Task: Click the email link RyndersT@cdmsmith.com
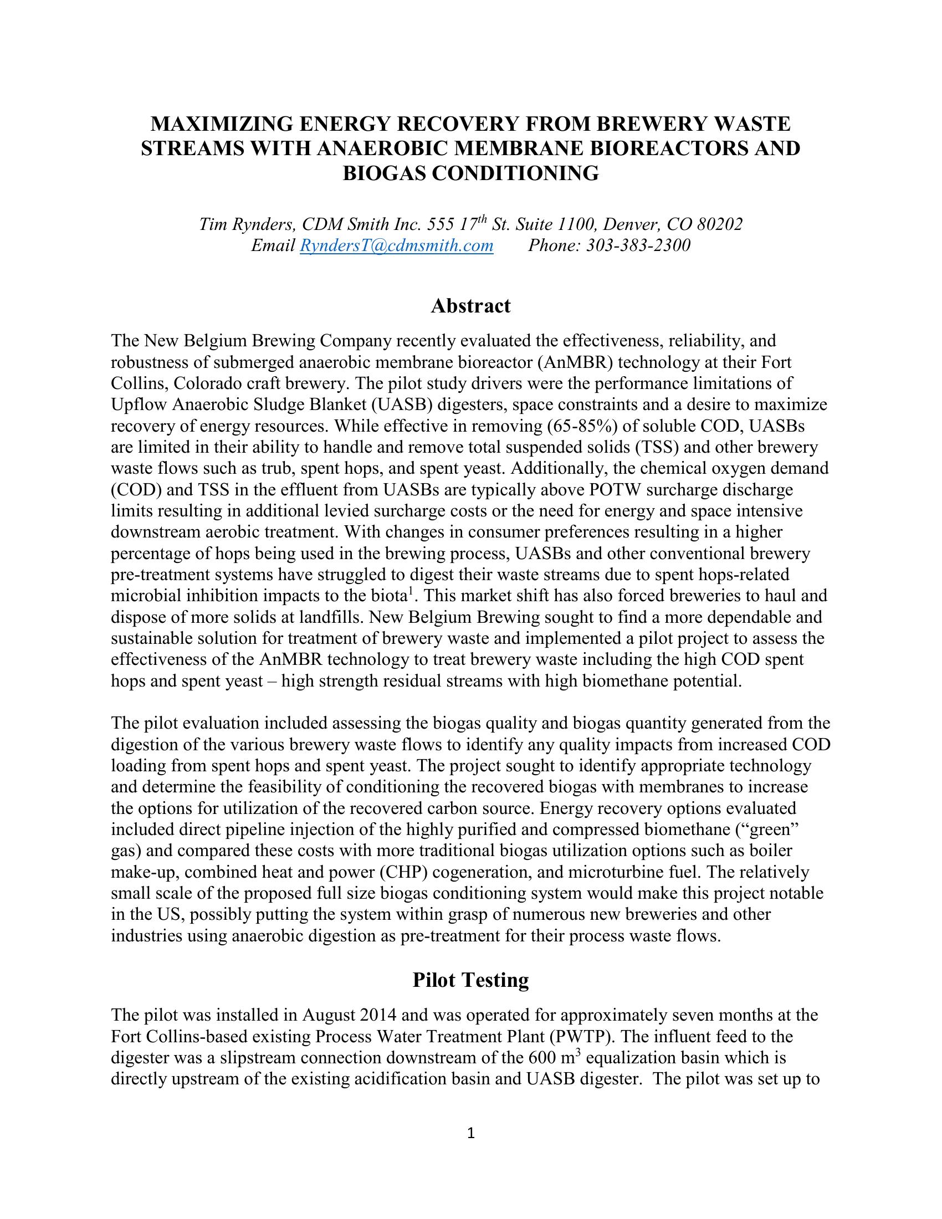point(396,245)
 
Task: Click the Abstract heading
point(470,306)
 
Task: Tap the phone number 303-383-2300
point(638,245)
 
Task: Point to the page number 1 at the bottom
point(470,1133)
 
